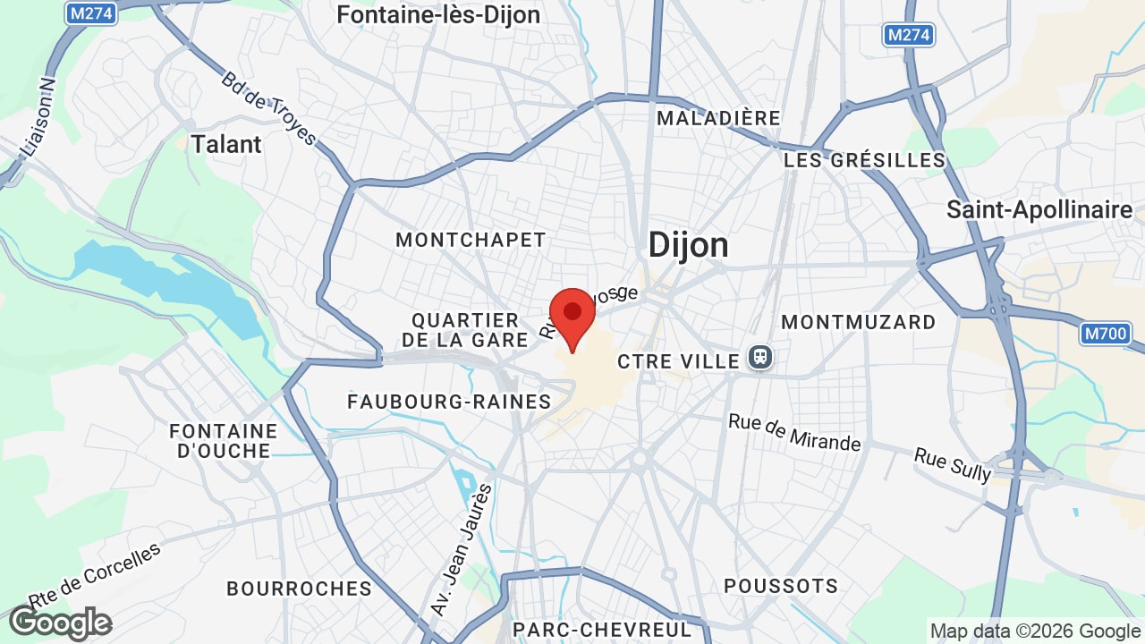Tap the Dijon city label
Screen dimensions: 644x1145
688,244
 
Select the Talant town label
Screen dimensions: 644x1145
226,144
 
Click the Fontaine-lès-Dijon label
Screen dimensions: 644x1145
438,15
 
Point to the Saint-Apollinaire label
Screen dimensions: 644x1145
1039,210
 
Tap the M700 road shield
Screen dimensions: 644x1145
1106,335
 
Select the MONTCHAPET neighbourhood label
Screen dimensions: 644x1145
471,240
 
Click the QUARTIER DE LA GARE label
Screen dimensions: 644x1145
465,330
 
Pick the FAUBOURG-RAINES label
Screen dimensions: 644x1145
450,402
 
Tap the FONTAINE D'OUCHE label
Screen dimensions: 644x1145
224,441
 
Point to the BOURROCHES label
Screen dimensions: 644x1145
299,589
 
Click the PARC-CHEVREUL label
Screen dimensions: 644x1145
602,630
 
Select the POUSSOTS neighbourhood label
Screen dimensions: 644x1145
781,586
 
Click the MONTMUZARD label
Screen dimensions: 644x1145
859,322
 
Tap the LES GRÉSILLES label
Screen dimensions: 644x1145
864,160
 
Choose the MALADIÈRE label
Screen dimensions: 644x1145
718,118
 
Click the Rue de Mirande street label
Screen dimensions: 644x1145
794,432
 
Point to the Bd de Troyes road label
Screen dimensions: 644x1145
269,108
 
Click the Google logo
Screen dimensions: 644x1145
60,623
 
